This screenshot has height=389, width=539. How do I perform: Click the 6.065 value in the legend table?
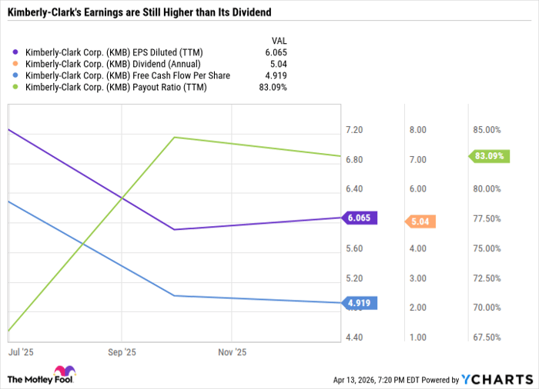tap(276, 52)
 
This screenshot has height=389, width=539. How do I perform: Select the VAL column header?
tap(280, 39)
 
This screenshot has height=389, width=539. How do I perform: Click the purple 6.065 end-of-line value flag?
tap(358, 218)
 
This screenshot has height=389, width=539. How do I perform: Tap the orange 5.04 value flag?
tap(421, 221)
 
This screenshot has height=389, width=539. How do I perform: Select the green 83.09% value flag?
tap(489, 156)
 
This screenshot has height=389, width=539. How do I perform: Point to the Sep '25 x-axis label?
tap(121, 353)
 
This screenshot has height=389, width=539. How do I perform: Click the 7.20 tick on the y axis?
tap(355, 130)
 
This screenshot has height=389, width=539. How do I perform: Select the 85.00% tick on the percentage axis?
tap(487, 130)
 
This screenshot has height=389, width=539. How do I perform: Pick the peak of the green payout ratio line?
tap(176, 138)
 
